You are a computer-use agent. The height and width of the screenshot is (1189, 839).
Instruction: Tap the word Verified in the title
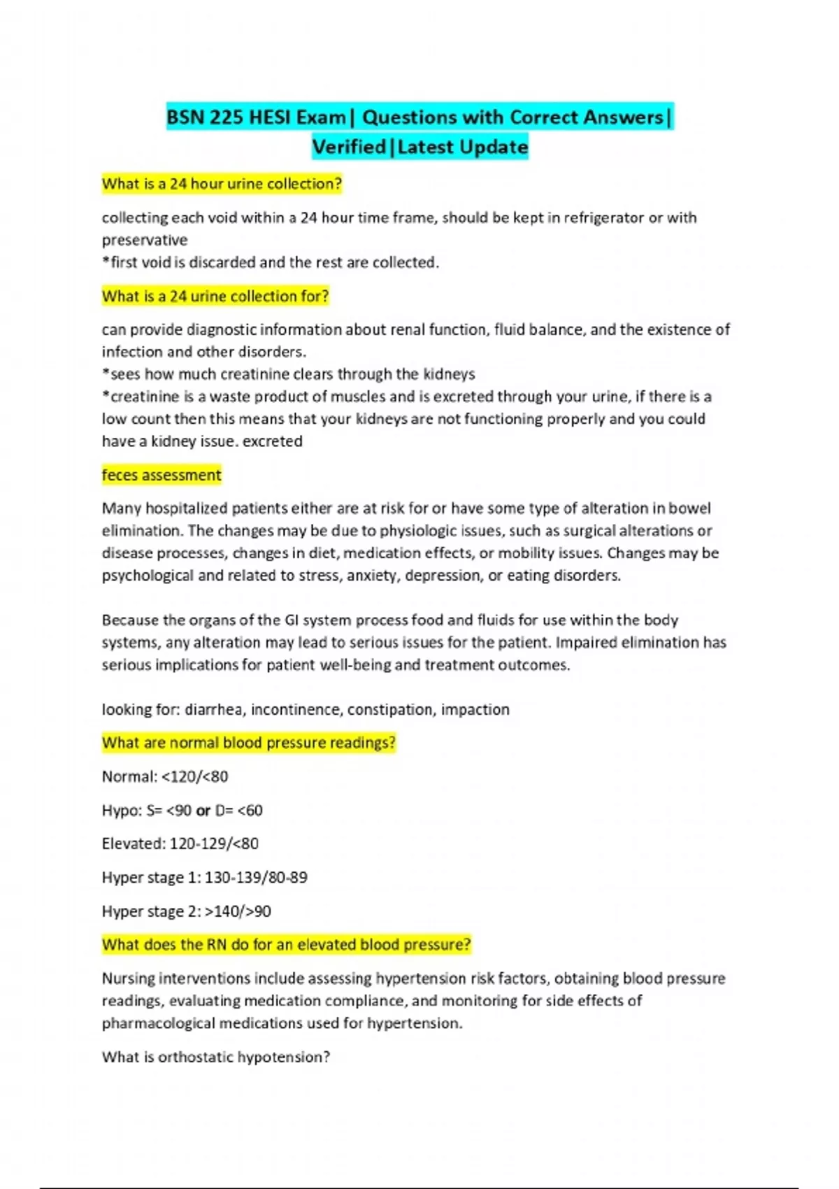coord(349,148)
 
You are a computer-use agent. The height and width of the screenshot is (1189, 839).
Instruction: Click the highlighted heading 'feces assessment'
coord(162,476)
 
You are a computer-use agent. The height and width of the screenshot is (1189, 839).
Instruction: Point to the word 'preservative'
coord(145,241)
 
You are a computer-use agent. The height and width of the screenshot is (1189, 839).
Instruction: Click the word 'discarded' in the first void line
coord(222,263)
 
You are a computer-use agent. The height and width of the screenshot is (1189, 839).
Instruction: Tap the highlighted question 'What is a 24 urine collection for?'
coord(215,297)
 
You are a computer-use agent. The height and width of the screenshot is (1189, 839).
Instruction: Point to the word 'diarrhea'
coord(215,710)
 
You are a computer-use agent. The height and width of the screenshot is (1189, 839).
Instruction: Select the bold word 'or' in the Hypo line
coord(203,811)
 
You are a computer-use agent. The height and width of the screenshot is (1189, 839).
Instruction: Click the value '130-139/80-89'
coord(256,878)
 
